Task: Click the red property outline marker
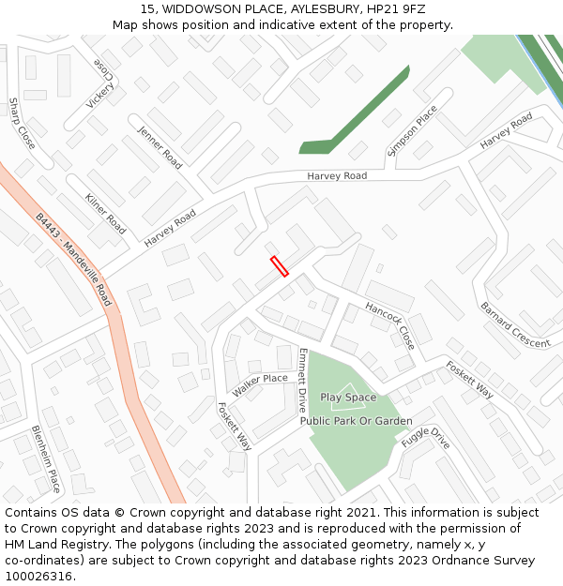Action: [279, 266]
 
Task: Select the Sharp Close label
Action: [22, 123]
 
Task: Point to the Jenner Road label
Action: [160, 147]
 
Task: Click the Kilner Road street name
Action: [105, 214]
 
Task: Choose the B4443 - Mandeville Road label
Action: [74, 260]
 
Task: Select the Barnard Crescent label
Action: [515, 324]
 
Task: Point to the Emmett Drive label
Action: [302, 381]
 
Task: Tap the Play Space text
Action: [348, 398]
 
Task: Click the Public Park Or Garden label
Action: [356, 421]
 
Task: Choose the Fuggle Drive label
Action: [425, 438]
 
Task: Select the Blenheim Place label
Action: [46, 458]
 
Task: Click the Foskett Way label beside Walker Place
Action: [234, 427]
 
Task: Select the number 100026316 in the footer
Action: [38, 576]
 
